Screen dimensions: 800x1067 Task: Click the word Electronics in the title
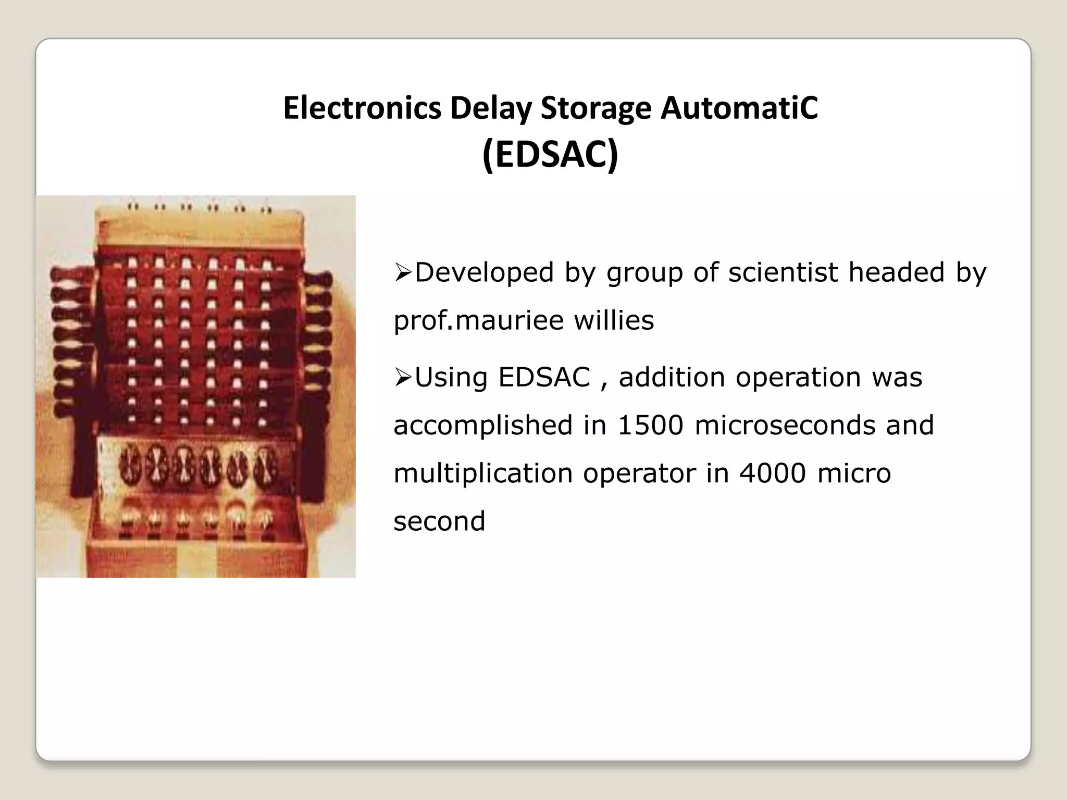tap(362, 108)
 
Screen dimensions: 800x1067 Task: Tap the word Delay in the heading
tap(491, 108)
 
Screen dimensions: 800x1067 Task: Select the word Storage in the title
tap(595, 108)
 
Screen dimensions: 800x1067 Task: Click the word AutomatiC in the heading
tap(739, 108)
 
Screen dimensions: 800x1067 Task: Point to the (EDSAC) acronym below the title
tap(550, 154)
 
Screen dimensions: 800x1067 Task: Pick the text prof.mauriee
tap(478, 320)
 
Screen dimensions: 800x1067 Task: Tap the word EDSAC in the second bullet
tap(544, 377)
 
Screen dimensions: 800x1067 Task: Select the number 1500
tap(650, 425)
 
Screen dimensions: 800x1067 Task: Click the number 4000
tap(772, 473)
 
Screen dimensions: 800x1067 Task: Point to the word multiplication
tap(483, 473)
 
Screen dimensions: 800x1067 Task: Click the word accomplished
tap(483, 425)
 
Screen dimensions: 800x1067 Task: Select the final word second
tap(439, 521)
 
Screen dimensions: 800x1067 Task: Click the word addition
tap(672, 377)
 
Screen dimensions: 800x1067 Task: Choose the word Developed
tap(484, 272)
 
